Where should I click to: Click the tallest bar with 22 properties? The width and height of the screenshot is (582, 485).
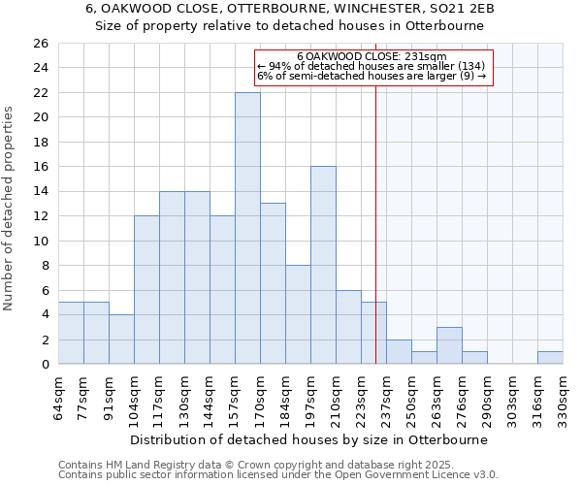point(247,228)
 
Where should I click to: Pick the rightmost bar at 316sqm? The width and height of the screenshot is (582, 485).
point(550,358)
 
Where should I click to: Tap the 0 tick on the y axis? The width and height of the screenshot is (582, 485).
point(45,365)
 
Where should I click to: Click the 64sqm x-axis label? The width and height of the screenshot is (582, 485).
point(59,396)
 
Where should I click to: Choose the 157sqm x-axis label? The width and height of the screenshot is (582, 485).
point(236,396)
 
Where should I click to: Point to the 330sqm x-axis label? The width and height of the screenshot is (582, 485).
point(564,396)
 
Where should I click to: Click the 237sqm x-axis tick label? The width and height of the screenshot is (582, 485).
point(387,396)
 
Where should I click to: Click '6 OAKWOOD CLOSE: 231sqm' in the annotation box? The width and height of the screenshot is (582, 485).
point(372,57)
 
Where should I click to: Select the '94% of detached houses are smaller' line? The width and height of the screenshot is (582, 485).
point(367,66)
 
